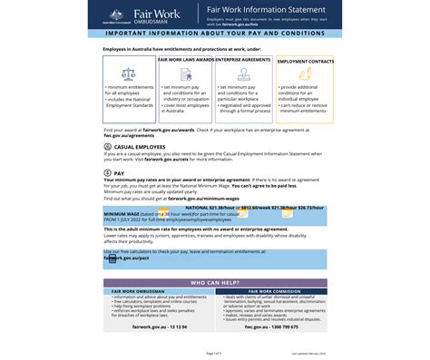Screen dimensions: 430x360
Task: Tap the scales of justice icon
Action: pos(128,72)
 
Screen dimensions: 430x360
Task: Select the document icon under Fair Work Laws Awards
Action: pos(184,73)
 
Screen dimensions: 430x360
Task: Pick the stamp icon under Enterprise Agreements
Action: pos(244,73)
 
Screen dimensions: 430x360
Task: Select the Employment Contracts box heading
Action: pos(304,62)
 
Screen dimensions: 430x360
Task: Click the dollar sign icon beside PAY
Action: pos(108,172)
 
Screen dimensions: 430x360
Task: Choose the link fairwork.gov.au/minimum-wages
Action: pos(200,199)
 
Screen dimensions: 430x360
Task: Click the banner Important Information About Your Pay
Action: pos(215,34)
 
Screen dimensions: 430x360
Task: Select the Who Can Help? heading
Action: pos(215,282)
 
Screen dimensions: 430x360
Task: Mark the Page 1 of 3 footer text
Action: pos(214,352)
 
